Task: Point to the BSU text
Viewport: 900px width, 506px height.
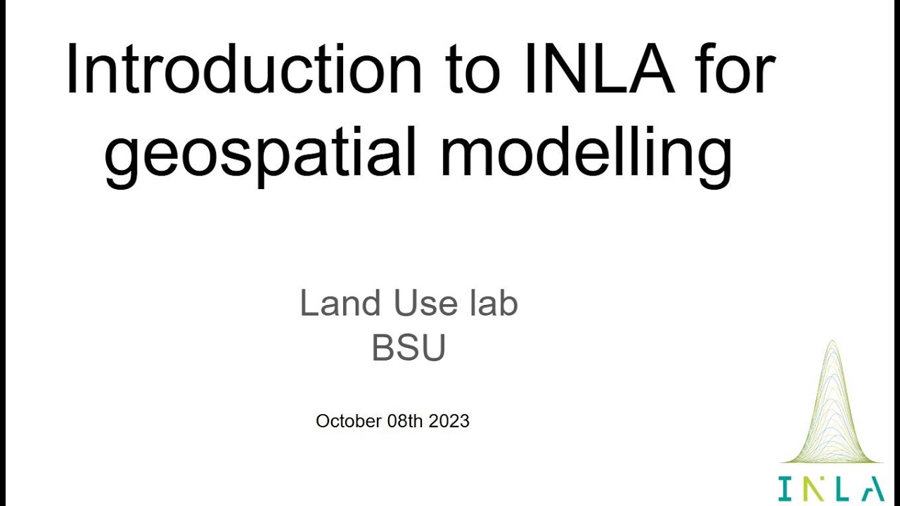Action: [x=409, y=347]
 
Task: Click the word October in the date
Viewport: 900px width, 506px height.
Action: [x=349, y=421]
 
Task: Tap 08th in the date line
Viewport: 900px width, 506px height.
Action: [x=406, y=421]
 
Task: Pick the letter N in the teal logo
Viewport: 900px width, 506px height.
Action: [x=810, y=489]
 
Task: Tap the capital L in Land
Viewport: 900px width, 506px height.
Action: [x=307, y=304]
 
